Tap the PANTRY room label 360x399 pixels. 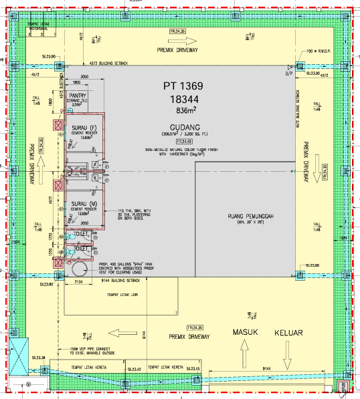79,96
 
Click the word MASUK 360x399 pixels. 245,332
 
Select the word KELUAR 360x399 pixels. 288,332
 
